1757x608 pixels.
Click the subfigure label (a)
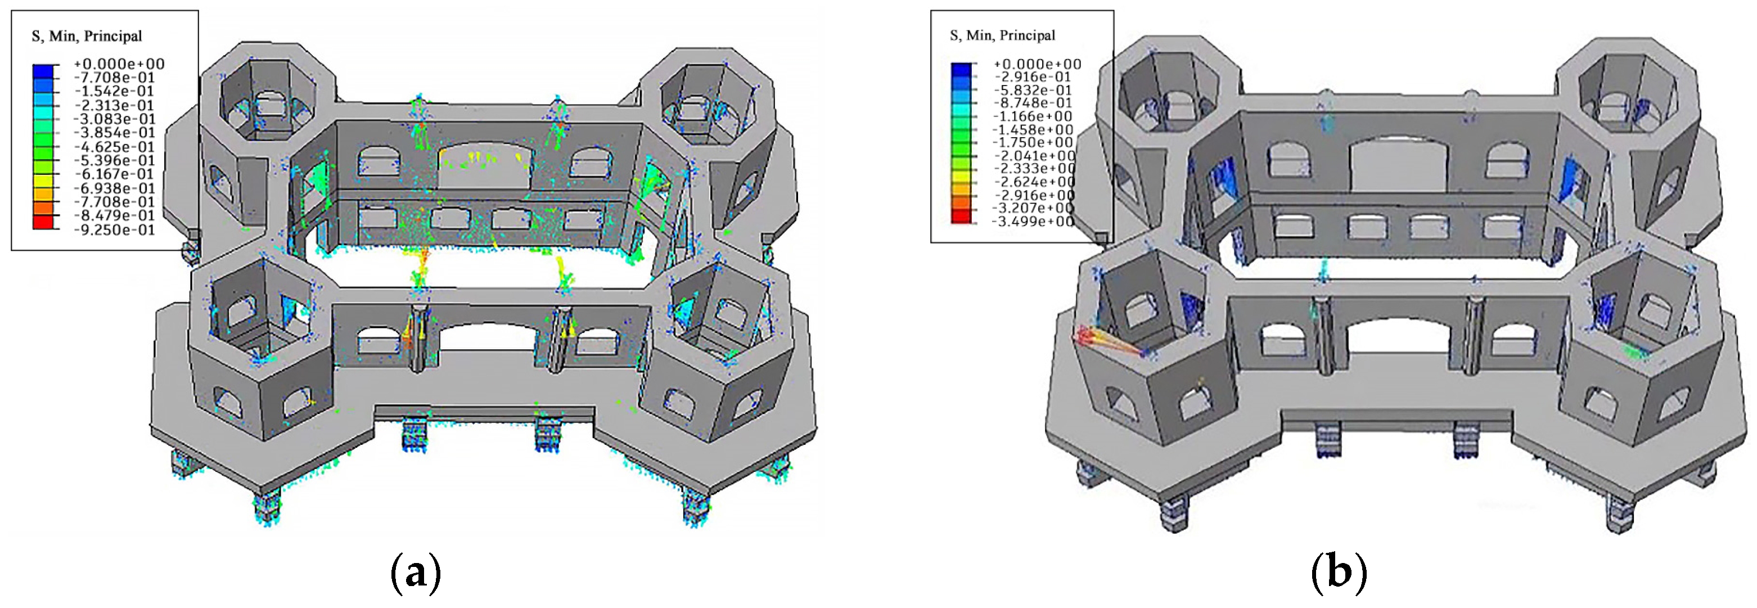[416, 573]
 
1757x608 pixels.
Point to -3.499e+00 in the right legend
[1032, 221]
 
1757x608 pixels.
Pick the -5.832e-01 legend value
[1032, 90]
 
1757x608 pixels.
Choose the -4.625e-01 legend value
[114, 147]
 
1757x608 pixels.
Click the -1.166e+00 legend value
[1032, 116]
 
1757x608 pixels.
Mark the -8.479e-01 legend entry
[114, 215]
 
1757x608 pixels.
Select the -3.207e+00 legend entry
[1032, 208]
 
